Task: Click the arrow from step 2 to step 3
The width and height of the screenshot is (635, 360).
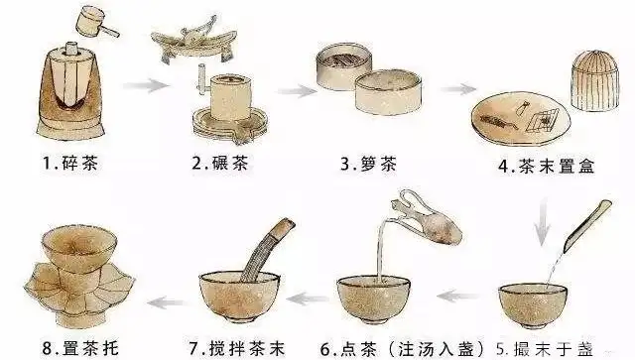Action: (291, 90)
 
